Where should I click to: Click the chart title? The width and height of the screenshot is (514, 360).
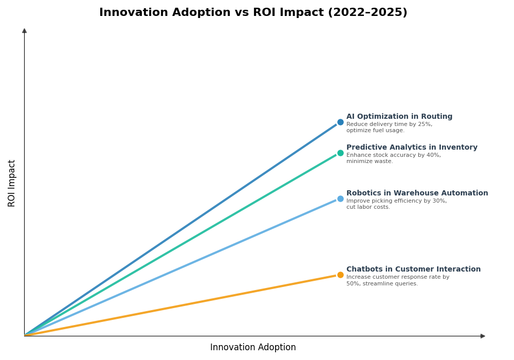253,12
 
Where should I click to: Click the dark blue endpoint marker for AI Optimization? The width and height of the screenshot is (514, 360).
340,122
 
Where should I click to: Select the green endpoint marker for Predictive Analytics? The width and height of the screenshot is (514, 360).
340,153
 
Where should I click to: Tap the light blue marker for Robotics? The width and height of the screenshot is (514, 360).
340,199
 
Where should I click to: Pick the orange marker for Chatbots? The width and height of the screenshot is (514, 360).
340,275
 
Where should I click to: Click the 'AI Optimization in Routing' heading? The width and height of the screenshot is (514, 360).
399,117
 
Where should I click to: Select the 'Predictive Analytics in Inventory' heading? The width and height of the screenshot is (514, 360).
412,148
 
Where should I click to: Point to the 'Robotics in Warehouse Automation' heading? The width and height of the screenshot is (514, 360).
417,193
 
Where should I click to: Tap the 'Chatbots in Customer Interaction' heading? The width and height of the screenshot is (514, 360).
413,269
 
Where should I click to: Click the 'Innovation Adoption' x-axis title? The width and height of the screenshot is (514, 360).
253,348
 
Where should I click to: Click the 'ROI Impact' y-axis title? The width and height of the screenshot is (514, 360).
12,183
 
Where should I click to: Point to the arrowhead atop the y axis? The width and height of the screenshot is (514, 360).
24,31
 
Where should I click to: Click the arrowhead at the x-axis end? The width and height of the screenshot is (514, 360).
483,336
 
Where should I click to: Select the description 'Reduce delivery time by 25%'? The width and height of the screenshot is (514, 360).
389,124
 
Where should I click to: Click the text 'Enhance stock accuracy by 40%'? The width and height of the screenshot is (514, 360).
393,155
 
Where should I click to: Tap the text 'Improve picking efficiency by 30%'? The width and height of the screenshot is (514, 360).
396,201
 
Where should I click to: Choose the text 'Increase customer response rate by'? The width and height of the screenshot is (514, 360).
397,277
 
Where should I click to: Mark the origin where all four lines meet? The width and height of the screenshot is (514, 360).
25,336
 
